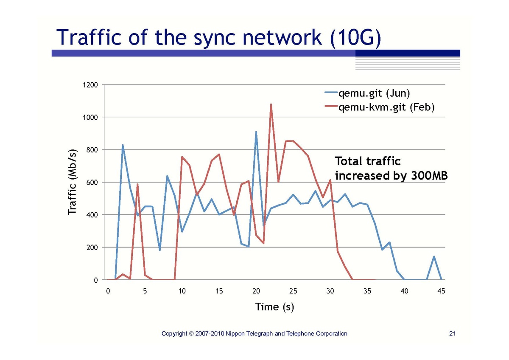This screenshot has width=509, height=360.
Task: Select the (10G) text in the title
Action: coord(355,37)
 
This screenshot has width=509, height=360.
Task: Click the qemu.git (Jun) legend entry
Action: coord(373,93)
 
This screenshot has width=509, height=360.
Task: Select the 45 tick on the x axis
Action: coord(442,291)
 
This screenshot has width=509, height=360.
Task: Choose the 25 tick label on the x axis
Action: coord(293,291)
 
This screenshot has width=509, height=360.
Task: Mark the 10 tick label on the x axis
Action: coord(182,291)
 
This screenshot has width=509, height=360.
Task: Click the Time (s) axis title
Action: coord(274,307)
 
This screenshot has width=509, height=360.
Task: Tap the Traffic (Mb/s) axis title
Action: coord(73,182)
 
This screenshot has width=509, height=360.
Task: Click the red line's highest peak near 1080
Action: coord(271,104)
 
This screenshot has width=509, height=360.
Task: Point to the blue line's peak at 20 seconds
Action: coord(256,132)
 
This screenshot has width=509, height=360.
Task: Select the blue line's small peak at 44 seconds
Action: coord(434,256)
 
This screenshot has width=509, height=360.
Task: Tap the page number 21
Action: coord(452,334)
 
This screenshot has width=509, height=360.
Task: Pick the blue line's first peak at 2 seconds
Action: coord(123,145)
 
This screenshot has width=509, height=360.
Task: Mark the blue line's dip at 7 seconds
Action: coord(159,250)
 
